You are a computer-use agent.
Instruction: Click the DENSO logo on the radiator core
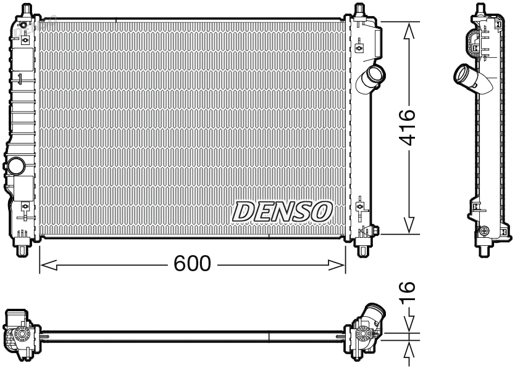click(281, 211)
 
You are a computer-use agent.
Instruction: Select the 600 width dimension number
click(191, 264)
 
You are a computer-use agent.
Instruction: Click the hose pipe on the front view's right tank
click(374, 78)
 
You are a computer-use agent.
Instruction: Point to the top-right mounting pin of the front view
click(361, 10)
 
